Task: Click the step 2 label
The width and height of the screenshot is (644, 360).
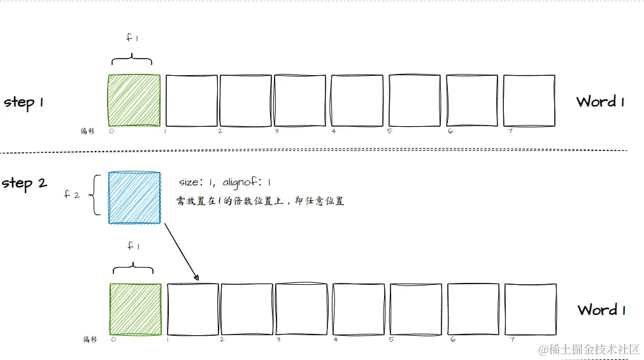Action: pos(25,184)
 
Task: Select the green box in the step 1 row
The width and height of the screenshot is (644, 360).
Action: pos(134,101)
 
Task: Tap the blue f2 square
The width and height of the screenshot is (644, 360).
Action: pos(134,198)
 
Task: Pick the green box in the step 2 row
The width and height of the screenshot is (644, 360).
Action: pos(135,310)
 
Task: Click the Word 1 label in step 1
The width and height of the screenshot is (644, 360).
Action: pos(600,101)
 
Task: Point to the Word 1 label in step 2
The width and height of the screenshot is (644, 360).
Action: pos(601,310)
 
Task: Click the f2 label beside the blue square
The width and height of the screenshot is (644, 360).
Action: pos(71,194)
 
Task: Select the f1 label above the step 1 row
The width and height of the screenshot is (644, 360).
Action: pos(132,38)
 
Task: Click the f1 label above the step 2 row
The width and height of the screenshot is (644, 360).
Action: pos(132,247)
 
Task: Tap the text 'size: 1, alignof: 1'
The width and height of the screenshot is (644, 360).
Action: pos(225,183)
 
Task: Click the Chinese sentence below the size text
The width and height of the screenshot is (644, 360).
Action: pos(260,201)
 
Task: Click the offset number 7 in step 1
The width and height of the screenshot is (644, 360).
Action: pos(510,131)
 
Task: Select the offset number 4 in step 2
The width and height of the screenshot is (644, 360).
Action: pos(335,340)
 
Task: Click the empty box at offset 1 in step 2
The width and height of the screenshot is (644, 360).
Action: pos(192,310)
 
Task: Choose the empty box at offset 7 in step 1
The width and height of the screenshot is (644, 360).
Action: pos(529,101)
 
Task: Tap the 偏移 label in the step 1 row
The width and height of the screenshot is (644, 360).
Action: pos(87,131)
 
